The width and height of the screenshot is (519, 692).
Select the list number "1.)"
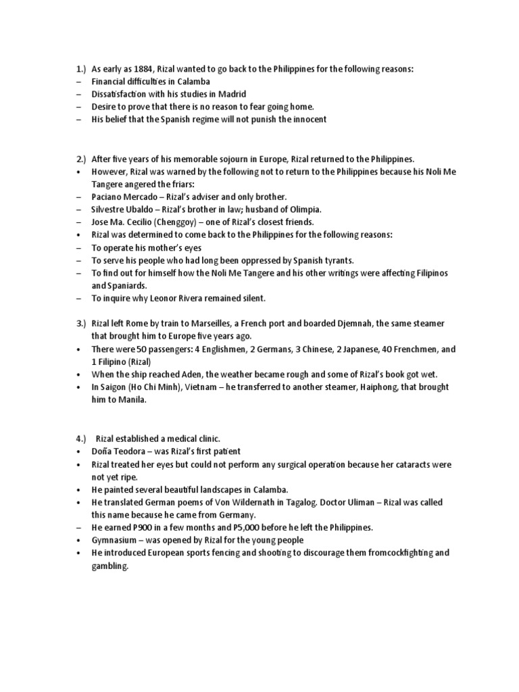click(81, 68)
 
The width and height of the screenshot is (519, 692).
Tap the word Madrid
click(232, 94)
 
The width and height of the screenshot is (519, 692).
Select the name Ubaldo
click(147, 209)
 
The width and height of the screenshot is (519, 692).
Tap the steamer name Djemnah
click(360, 324)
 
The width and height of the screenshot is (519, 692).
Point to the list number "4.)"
click(81, 438)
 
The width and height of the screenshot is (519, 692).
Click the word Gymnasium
click(118, 540)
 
